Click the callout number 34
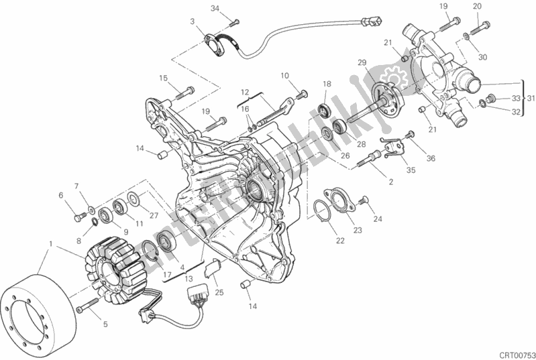click(x=214, y=8)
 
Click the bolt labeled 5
click(x=83, y=308)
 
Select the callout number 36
click(x=430, y=159)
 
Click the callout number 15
click(x=163, y=78)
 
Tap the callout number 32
click(x=516, y=113)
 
